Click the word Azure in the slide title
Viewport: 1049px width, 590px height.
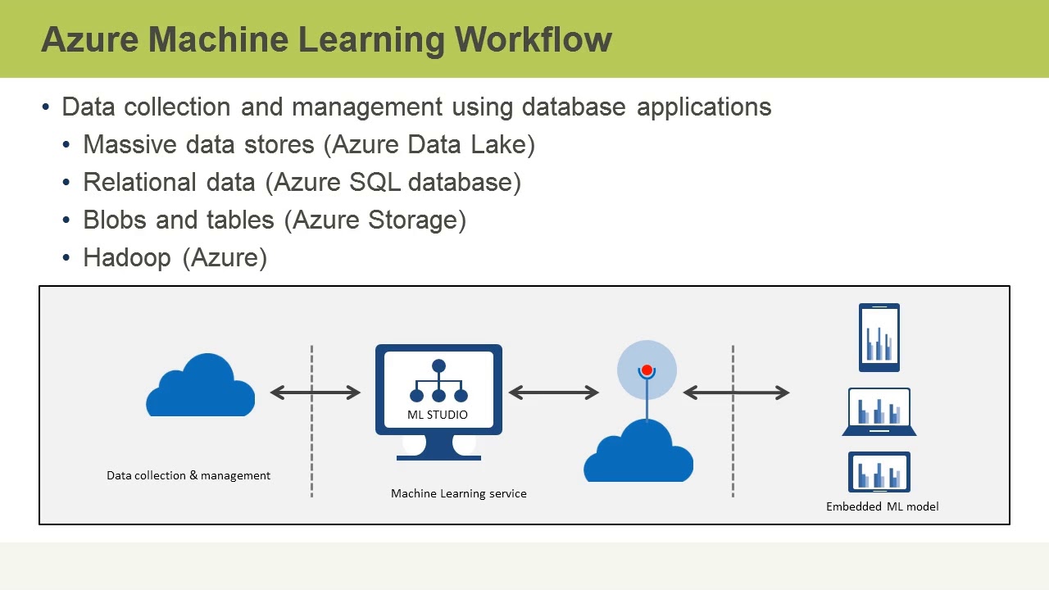(89, 39)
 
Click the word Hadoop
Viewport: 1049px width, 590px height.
(127, 258)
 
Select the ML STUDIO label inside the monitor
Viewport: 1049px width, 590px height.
(438, 415)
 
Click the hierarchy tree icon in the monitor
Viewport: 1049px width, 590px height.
(438, 380)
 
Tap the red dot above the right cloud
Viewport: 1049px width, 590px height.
(647, 371)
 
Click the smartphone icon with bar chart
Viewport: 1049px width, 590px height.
(879, 338)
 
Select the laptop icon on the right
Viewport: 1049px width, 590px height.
(879, 411)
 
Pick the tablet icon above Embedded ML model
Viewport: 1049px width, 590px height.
(879, 473)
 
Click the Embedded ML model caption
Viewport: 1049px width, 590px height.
(882, 506)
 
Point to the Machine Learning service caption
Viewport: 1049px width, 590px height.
(458, 493)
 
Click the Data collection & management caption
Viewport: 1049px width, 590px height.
(188, 475)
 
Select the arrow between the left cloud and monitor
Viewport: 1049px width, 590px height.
(316, 393)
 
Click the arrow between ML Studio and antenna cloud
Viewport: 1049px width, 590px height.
(554, 393)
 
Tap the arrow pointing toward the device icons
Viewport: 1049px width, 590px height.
(736, 393)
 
